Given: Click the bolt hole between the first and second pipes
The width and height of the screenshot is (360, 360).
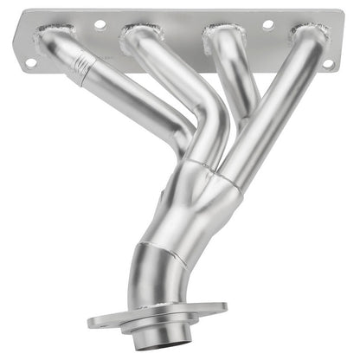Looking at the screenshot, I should click(100, 25).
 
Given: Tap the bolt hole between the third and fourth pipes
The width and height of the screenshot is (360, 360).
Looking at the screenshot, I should click(267, 24).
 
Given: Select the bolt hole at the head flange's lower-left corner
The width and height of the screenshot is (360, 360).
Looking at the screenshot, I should click(30, 62).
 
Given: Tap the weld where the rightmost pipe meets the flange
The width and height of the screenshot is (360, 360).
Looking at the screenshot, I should click(310, 35).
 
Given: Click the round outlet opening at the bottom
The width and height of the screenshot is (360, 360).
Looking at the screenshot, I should click(156, 327).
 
